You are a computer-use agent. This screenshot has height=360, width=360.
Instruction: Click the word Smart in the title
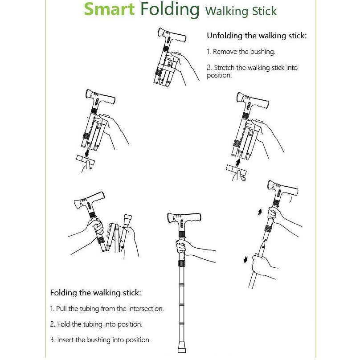(109, 9)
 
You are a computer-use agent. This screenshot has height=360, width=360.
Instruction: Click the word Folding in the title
(170, 10)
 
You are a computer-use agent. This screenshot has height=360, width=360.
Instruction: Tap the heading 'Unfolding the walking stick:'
(257, 36)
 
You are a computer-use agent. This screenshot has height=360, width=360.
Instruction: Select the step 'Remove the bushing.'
(241, 52)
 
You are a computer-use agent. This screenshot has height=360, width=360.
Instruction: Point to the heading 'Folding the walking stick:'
(95, 293)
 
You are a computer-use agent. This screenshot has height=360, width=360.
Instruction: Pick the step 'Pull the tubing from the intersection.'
(107, 309)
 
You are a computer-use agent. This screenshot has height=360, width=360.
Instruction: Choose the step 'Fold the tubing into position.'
(96, 324)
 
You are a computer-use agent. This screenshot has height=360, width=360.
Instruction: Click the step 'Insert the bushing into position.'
(100, 340)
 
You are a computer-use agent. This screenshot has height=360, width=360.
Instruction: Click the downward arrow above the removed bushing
(87, 153)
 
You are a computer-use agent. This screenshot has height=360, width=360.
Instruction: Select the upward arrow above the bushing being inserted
(238, 162)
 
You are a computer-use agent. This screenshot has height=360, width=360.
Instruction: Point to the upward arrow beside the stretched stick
(260, 212)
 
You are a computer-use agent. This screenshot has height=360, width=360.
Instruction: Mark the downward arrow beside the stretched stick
(245, 260)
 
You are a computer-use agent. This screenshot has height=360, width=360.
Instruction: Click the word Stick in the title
(264, 11)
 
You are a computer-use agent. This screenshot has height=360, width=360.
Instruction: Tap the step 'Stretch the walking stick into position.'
(252, 71)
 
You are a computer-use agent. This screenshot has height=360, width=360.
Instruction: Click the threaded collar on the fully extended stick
(182, 263)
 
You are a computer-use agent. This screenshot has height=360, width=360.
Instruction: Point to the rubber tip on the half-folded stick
(128, 217)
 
